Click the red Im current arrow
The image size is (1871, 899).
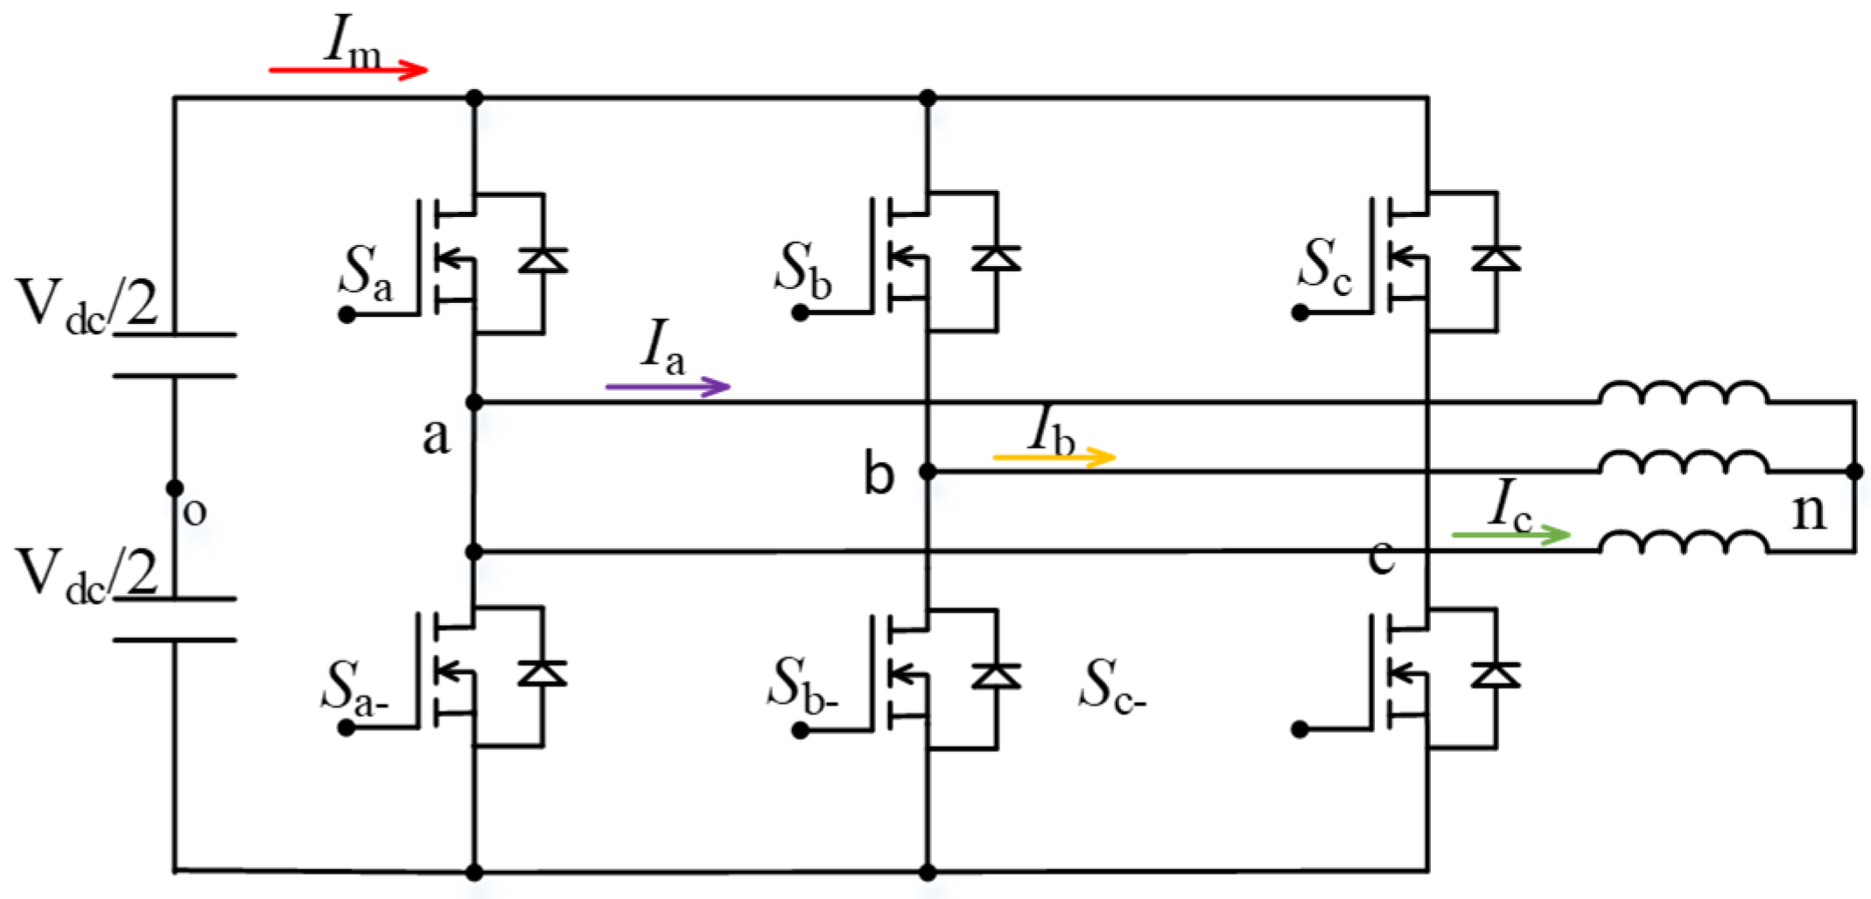(347, 70)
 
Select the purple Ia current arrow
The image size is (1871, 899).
(668, 385)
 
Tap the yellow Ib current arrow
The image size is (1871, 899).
(1055, 456)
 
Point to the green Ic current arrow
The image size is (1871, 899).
(1511, 533)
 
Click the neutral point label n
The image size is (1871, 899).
(1809, 510)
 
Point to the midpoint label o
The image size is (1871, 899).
(194, 511)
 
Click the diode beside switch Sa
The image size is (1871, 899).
(543, 260)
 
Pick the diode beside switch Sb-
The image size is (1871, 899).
(996, 674)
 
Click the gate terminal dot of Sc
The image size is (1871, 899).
(1300, 313)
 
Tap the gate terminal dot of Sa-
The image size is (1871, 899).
(347, 727)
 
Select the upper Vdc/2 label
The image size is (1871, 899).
(87, 306)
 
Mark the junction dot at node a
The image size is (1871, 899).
(474, 403)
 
